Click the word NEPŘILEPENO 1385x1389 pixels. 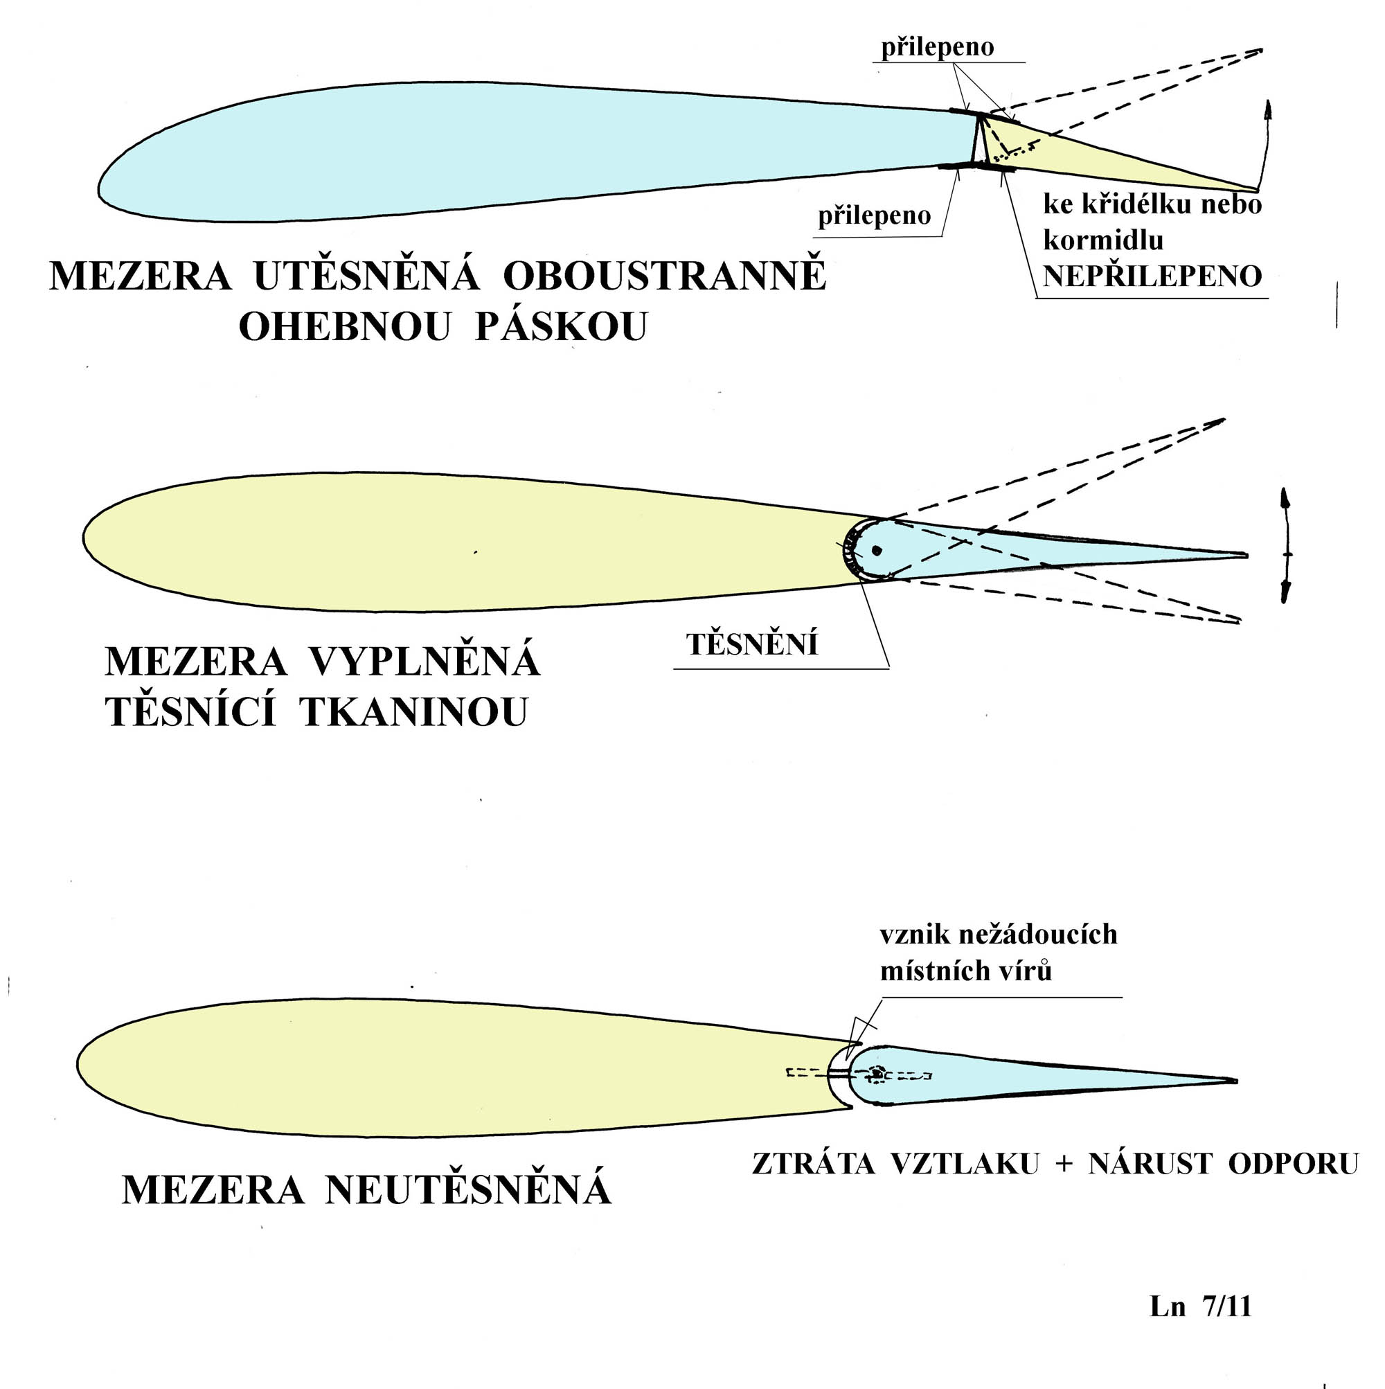[x=1152, y=276]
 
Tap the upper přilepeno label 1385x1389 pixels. [x=937, y=47]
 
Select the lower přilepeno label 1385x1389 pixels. [x=874, y=215]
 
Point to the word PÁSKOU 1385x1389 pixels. [x=562, y=327]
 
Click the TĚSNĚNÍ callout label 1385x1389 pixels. [x=752, y=644]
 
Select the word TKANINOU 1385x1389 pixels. [x=414, y=711]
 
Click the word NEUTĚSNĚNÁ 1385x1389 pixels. [x=468, y=1188]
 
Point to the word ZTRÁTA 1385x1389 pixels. [x=814, y=1163]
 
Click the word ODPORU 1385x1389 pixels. [x=1293, y=1164]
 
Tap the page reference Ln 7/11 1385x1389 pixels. [x=1200, y=1306]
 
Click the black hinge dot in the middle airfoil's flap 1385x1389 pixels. [x=876, y=551]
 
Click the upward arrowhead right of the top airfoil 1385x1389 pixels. [x=1268, y=110]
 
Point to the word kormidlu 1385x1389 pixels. [x=1102, y=241]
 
